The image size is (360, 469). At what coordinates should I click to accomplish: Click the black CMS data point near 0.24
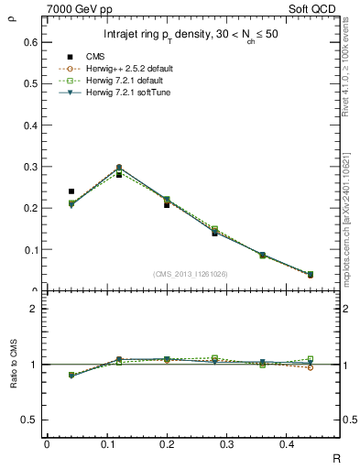[71, 191]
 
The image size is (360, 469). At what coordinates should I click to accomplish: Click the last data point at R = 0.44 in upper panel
[311, 274]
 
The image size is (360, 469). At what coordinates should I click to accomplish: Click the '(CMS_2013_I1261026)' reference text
[191, 275]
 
